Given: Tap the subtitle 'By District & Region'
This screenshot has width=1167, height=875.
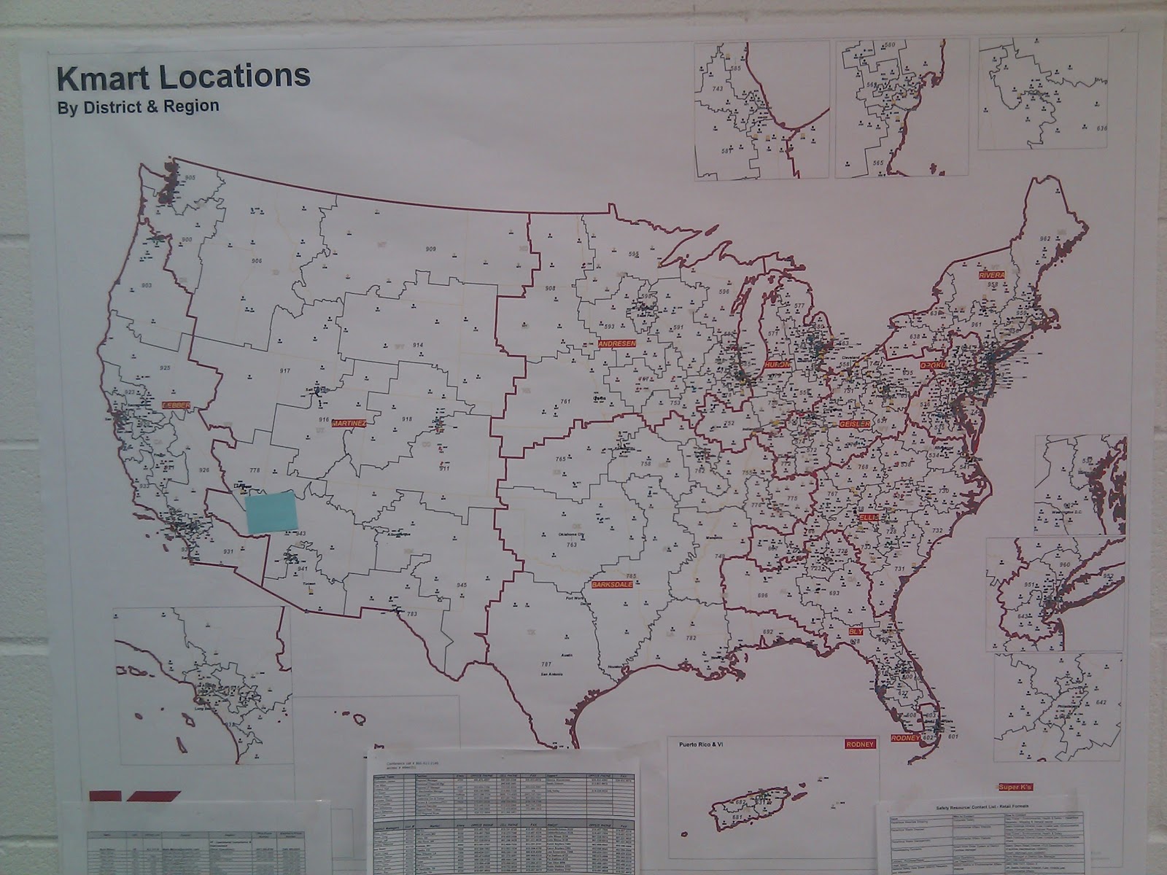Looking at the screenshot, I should [138, 106].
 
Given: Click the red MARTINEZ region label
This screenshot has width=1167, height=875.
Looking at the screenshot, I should [348, 423].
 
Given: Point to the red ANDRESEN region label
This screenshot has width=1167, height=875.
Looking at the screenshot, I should [616, 343].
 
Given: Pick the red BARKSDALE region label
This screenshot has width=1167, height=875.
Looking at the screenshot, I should [613, 585].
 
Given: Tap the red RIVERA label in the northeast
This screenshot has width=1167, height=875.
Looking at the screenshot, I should [992, 275].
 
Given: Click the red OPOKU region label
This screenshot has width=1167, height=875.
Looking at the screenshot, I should [931, 365].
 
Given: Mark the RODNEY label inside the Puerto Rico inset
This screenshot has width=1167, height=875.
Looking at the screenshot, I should [858, 744].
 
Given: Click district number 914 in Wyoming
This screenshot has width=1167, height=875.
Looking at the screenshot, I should [418, 345].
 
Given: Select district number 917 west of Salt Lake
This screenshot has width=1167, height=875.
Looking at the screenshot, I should [284, 371].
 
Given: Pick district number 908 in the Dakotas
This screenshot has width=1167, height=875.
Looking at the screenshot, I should [550, 289].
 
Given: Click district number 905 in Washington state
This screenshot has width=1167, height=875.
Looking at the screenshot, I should [190, 178].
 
